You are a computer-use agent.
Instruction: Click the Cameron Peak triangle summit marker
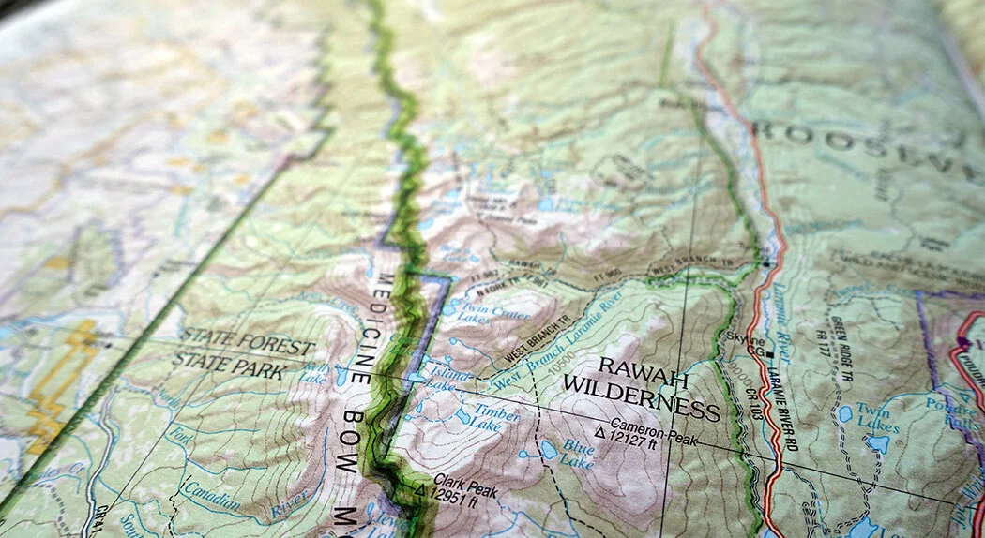pos(599,434)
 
